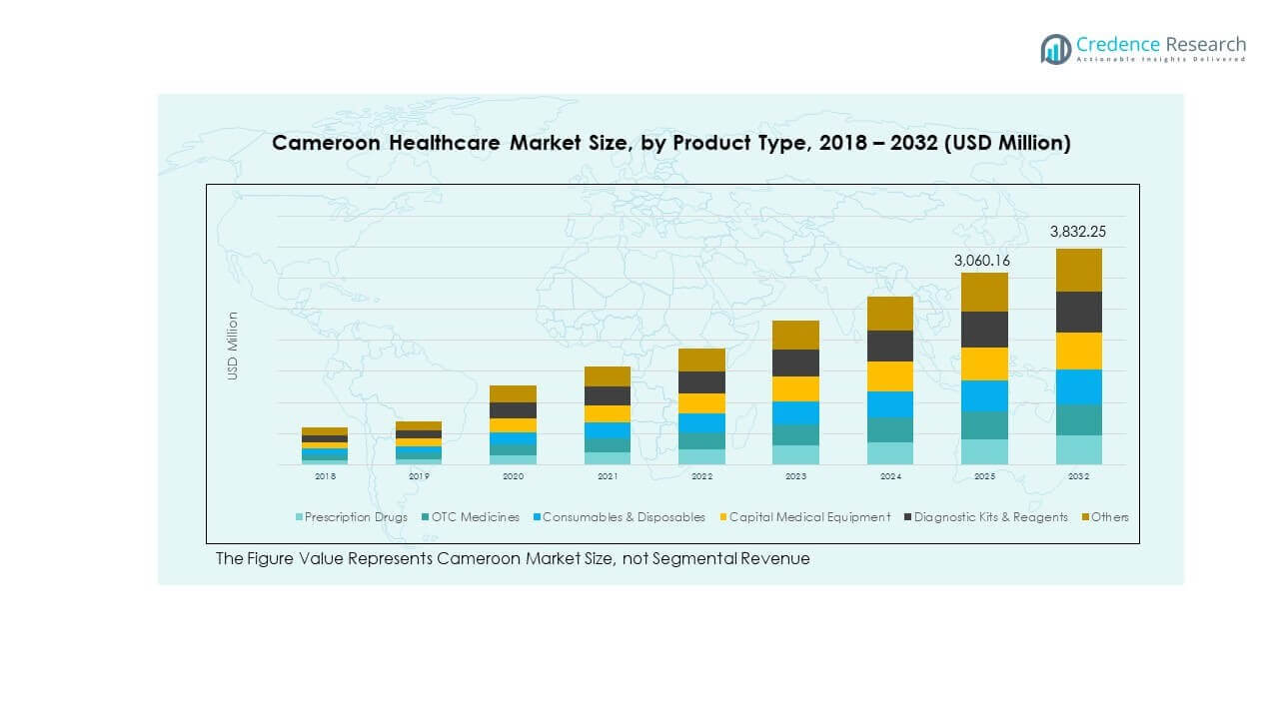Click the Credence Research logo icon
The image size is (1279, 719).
[x=1055, y=49]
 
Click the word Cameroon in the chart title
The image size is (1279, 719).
[x=325, y=143]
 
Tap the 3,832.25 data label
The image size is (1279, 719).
[x=1078, y=232]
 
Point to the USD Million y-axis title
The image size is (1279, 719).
[x=233, y=346]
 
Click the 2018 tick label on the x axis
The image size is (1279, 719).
[x=325, y=477]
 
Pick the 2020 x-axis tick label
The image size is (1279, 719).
[x=513, y=477]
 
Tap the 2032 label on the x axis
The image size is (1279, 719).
[x=1078, y=477]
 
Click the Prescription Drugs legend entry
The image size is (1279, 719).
[x=351, y=517]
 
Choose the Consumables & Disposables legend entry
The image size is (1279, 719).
[x=618, y=517]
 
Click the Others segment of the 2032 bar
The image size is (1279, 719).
[x=1078, y=270]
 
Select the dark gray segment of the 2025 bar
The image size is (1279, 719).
[x=984, y=330]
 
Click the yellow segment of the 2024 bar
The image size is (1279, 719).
[x=889, y=376]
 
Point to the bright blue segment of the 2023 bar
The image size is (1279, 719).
[x=795, y=412]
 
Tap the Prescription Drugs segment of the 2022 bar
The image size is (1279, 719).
[x=701, y=456]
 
